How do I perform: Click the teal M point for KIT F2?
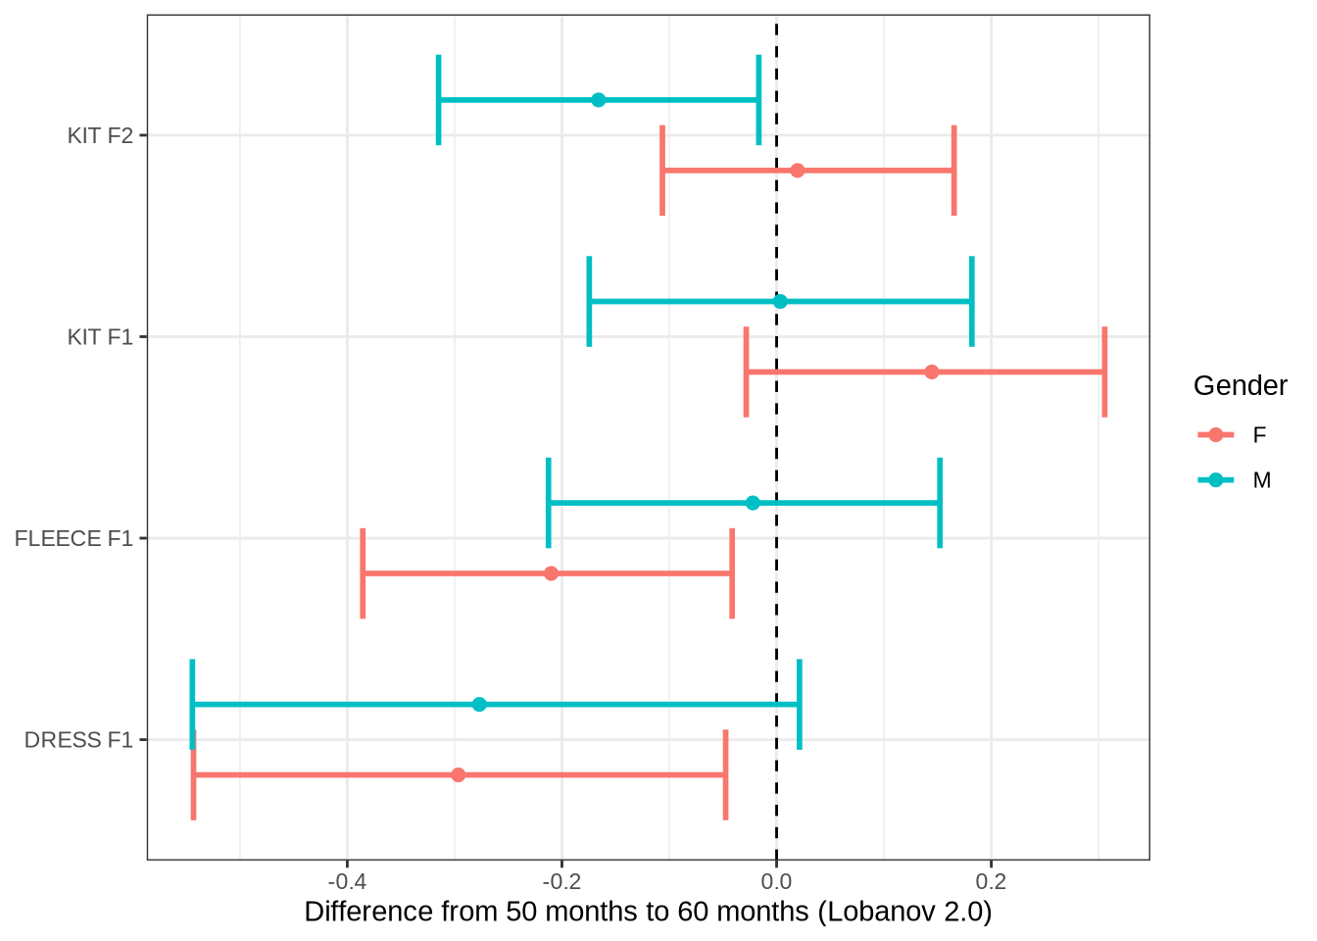click(x=598, y=100)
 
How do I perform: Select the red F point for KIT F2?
click(x=797, y=171)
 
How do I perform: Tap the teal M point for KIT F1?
click(x=780, y=301)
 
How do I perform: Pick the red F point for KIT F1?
click(x=931, y=372)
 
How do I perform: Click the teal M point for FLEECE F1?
click(x=753, y=503)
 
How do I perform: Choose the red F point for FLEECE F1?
click(x=551, y=573)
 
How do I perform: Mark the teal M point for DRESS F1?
click(x=479, y=705)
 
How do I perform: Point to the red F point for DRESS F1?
click(x=458, y=775)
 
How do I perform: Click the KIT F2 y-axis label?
click(x=100, y=136)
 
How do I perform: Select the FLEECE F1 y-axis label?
click(x=73, y=539)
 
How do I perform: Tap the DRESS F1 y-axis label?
click(x=78, y=740)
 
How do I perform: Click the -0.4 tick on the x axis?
click(x=346, y=876)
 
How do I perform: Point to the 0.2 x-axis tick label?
click(x=991, y=876)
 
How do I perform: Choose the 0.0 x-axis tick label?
click(x=776, y=876)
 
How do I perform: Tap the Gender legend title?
click(x=1240, y=386)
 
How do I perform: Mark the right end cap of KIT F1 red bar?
click(x=1104, y=372)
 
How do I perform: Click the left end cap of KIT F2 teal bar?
click(x=438, y=100)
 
